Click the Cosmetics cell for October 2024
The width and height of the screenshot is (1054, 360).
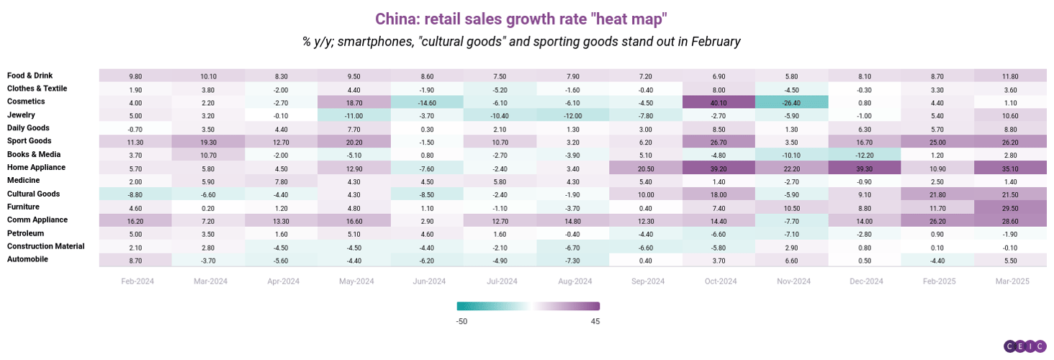tap(719, 102)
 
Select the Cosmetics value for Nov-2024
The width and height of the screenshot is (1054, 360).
tap(791, 102)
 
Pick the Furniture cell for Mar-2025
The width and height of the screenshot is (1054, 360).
tap(1010, 207)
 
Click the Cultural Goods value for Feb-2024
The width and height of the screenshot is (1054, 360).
tap(135, 194)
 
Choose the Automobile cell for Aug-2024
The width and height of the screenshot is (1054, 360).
tap(572, 260)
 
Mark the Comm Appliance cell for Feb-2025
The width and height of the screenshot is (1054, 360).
tap(937, 220)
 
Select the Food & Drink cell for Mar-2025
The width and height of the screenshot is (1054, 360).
tap(1010, 76)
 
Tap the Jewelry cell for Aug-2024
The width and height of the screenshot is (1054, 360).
tap(572, 115)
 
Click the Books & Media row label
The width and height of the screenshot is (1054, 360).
tap(33, 155)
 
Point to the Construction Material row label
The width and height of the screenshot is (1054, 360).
tap(45, 247)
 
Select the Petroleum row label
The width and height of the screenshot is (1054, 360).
tap(25, 234)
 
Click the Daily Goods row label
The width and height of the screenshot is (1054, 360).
tap(29, 128)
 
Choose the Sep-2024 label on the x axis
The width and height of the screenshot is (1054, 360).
tap(645, 282)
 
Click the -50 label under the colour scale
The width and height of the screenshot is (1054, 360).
tap(461, 321)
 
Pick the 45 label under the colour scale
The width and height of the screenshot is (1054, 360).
tap(595, 321)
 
